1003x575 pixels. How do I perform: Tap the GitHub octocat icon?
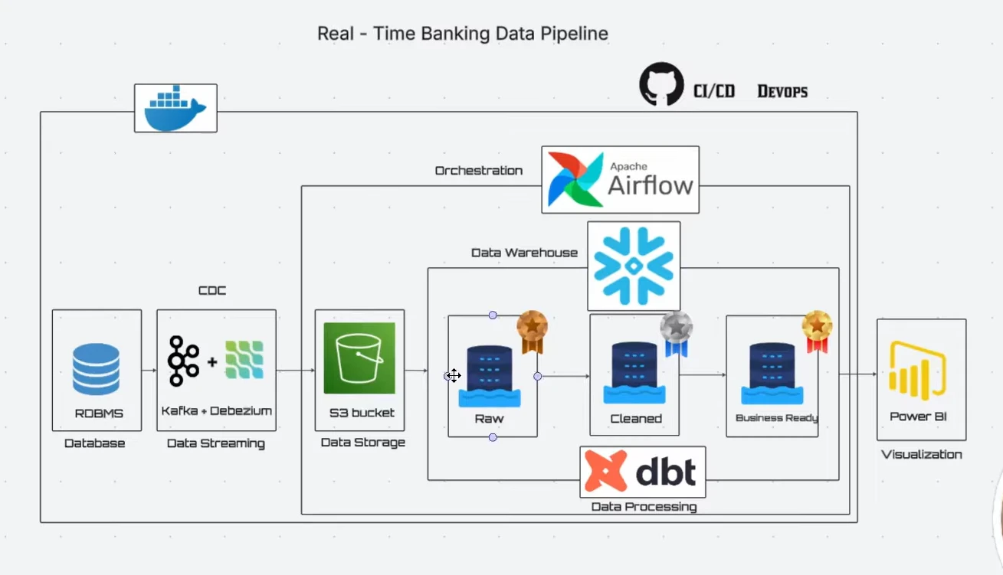point(661,84)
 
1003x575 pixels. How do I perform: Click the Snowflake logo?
point(634,265)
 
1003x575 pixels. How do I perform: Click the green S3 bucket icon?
point(359,358)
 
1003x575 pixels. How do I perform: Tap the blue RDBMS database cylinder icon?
point(97,369)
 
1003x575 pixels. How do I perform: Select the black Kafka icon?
point(184,360)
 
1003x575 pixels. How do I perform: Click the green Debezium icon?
point(244,360)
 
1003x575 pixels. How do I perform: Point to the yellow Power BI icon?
point(917,371)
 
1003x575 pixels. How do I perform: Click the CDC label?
point(212,291)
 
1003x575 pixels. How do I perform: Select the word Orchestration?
point(479,171)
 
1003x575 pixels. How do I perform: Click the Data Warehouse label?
point(525,253)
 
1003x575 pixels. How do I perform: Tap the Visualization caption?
point(922,454)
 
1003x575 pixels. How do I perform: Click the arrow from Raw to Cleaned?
point(564,377)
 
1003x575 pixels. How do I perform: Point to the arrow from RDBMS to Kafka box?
point(149,371)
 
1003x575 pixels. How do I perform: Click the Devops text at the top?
point(782,92)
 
